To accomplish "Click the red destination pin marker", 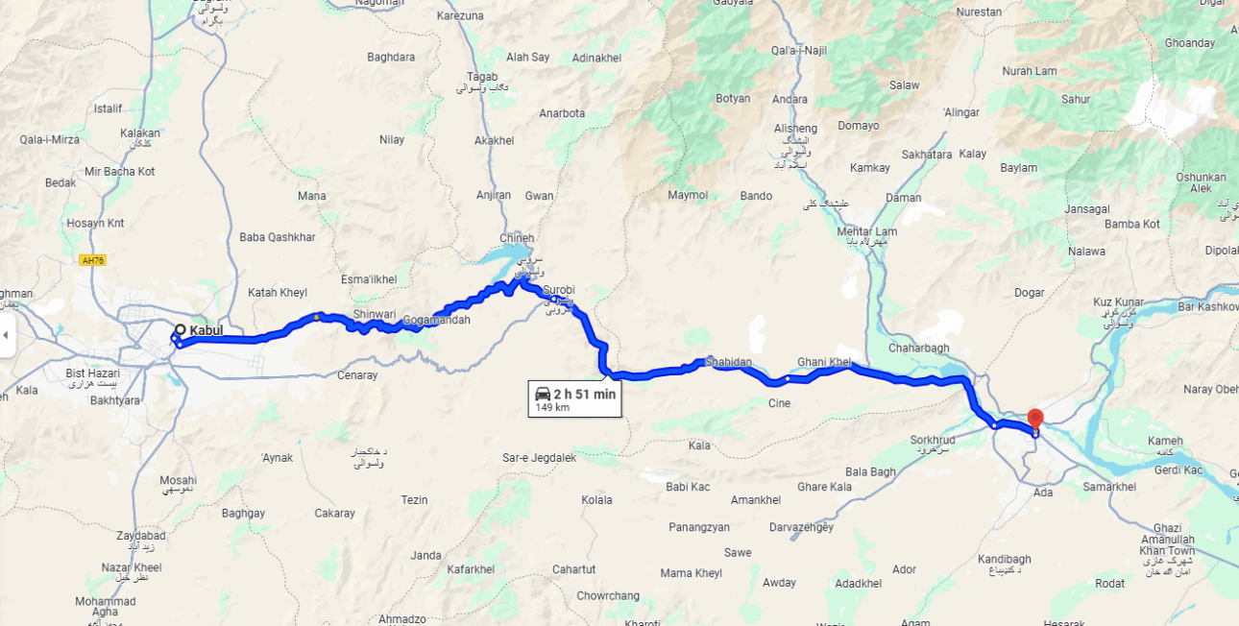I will pyautogui.click(x=1034, y=420).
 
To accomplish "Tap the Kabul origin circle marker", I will pyautogui.click(x=180, y=329).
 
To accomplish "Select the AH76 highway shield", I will pyautogui.click(x=92, y=260).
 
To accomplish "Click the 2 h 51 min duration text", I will pyautogui.click(x=585, y=394).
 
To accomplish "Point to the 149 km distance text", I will pyautogui.click(x=552, y=407).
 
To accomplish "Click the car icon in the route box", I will pyautogui.click(x=543, y=394).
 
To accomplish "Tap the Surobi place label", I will pyautogui.click(x=558, y=290).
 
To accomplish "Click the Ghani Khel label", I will pyautogui.click(x=824, y=362).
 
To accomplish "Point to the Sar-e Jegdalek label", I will pyautogui.click(x=540, y=458).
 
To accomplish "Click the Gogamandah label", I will pyautogui.click(x=437, y=320).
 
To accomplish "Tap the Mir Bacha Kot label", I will pyautogui.click(x=120, y=172).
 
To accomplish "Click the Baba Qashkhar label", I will pyautogui.click(x=278, y=237).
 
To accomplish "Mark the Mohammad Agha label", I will pyautogui.click(x=106, y=607).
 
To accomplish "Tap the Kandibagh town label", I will pyautogui.click(x=1004, y=559).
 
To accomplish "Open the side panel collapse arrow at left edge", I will pyautogui.click(x=6, y=335).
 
